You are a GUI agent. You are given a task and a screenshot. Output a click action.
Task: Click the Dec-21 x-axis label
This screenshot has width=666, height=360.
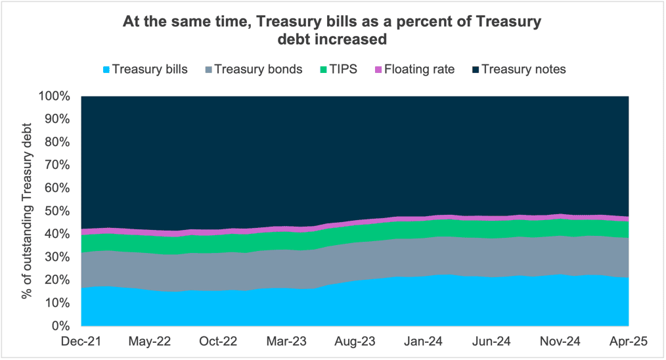(x=81, y=342)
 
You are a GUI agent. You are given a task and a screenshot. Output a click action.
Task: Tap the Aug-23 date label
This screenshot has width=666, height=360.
(x=355, y=342)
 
